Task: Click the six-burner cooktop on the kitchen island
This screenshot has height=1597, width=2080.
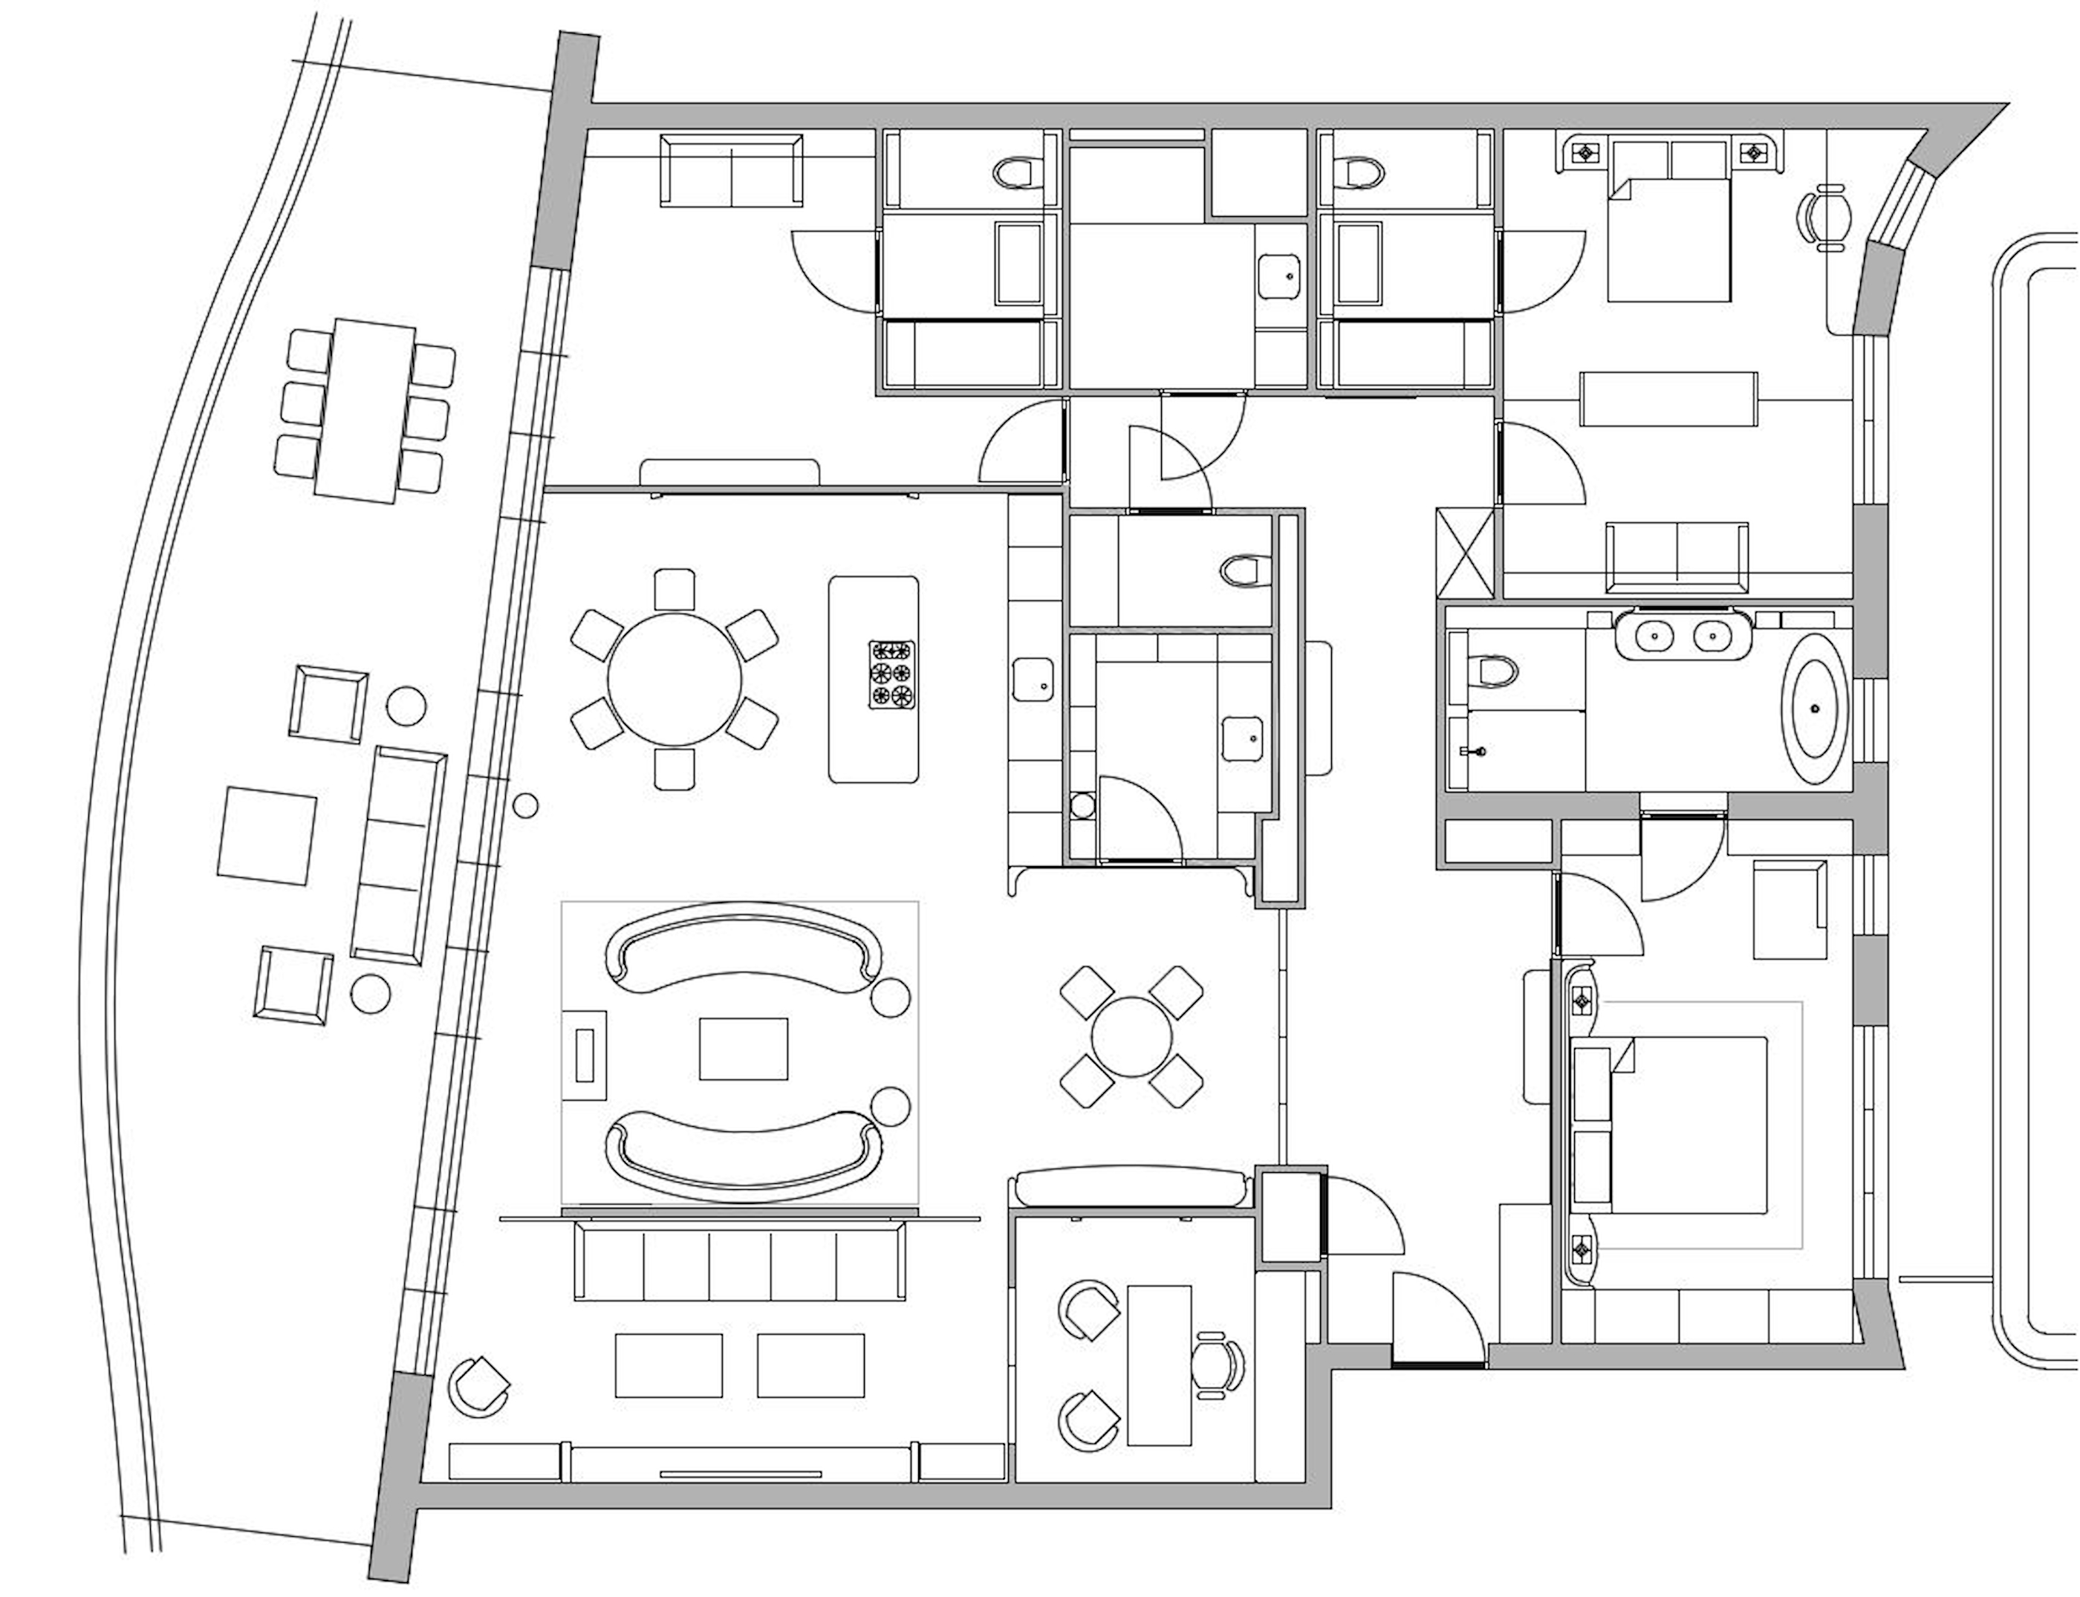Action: [891, 675]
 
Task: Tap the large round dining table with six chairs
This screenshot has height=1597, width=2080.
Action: [674, 680]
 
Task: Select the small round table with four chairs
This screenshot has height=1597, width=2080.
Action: [1131, 1037]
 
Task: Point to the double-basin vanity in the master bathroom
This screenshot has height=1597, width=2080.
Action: [1683, 631]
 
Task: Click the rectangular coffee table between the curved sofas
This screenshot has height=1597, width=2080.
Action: [744, 1049]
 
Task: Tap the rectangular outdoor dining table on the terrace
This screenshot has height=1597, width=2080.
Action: [363, 412]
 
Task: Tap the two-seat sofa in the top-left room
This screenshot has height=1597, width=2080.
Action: [731, 170]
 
